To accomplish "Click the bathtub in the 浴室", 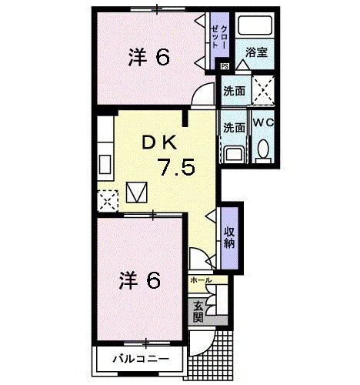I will (256, 26).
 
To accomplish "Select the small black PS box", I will (225, 67).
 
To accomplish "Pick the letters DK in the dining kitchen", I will (162, 142).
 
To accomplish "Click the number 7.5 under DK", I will (176, 166).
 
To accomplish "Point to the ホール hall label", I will (200, 280).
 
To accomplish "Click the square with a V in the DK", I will (135, 191).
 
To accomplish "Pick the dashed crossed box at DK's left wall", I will (107, 199).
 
